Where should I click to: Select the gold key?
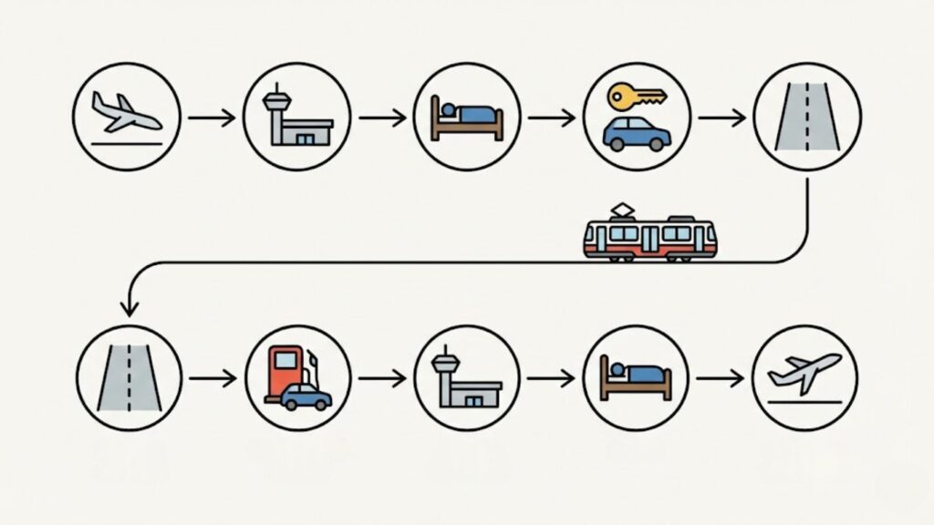(x=637, y=96)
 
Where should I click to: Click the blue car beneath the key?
(x=637, y=133)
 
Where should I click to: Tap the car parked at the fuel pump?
(x=306, y=397)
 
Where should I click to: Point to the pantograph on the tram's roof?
(x=623, y=211)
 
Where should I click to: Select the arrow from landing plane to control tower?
(x=211, y=118)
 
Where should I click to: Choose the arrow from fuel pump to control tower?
(x=381, y=378)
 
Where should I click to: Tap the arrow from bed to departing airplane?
(x=720, y=378)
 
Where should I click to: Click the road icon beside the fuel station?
(x=130, y=378)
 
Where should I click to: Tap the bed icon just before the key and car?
(x=467, y=118)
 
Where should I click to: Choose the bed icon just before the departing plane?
(x=636, y=378)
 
